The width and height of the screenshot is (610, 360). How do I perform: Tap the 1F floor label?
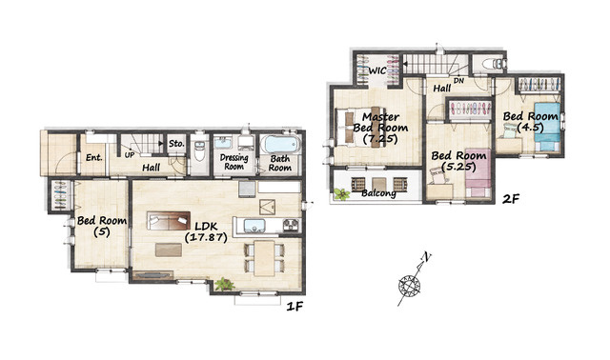tap(295, 307)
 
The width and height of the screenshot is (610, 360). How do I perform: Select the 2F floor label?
tap(511, 199)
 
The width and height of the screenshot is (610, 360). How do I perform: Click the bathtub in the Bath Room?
tap(281, 145)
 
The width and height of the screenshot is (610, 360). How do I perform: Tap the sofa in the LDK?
tap(169, 220)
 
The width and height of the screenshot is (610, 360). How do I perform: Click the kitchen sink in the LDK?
tap(254, 226)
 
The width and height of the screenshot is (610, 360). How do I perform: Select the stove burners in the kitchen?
tap(291, 225)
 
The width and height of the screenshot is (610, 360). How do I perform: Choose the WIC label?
tap(377, 70)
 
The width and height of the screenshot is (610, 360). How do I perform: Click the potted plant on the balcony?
tap(342, 194)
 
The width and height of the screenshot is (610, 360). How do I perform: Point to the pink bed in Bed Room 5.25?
tap(478, 172)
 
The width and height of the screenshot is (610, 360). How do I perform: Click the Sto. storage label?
tap(176, 144)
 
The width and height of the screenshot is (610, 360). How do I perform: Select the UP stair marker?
tap(130, 154)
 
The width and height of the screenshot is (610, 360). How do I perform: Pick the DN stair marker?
tap(458, 81)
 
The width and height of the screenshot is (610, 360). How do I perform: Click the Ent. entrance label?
tap(94, 157)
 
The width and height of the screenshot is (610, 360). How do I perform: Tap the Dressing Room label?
tap(234, 162)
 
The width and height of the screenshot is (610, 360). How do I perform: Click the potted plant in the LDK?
tap(225, 284)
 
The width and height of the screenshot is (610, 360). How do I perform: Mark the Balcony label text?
tap(379, 192)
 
